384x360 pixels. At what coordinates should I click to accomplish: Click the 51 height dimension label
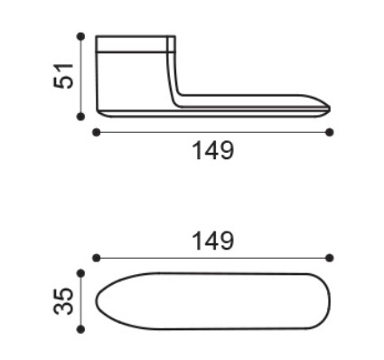pos(63,76)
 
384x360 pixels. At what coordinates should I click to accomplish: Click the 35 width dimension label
pos(63,301)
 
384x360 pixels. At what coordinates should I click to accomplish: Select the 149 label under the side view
pos(212,150)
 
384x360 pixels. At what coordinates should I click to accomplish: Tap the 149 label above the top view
pos(212,241)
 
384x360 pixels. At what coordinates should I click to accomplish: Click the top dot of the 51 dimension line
pos(80,36)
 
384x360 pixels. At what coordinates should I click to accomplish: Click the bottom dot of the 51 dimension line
pos(80,117)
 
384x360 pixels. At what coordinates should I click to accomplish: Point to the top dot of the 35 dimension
pos(80,273)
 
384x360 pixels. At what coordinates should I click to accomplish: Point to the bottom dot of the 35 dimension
pos(80,329)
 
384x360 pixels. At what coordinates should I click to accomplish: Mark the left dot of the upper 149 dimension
pos(97,132)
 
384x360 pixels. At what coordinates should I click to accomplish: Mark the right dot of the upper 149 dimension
pos(330,132)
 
